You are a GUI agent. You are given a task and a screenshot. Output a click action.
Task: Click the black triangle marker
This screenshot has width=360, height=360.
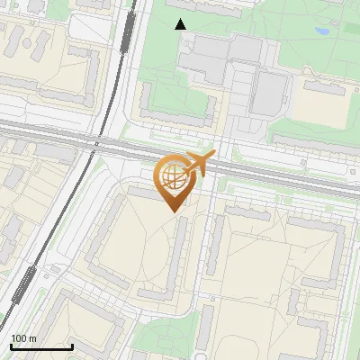pos(181,24)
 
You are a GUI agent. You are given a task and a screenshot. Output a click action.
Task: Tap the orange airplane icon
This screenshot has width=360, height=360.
pos(201,163)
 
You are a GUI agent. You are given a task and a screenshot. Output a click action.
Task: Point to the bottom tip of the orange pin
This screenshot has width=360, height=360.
pos(172,211)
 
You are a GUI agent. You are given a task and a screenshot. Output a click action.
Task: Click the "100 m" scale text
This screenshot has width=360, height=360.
pos(23,338)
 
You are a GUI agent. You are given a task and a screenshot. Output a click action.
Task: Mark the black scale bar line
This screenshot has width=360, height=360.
pos(41,346)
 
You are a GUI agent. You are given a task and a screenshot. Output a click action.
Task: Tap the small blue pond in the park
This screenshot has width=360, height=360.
pos(321,31)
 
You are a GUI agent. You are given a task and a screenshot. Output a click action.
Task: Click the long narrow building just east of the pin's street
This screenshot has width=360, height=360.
pos(217,244)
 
